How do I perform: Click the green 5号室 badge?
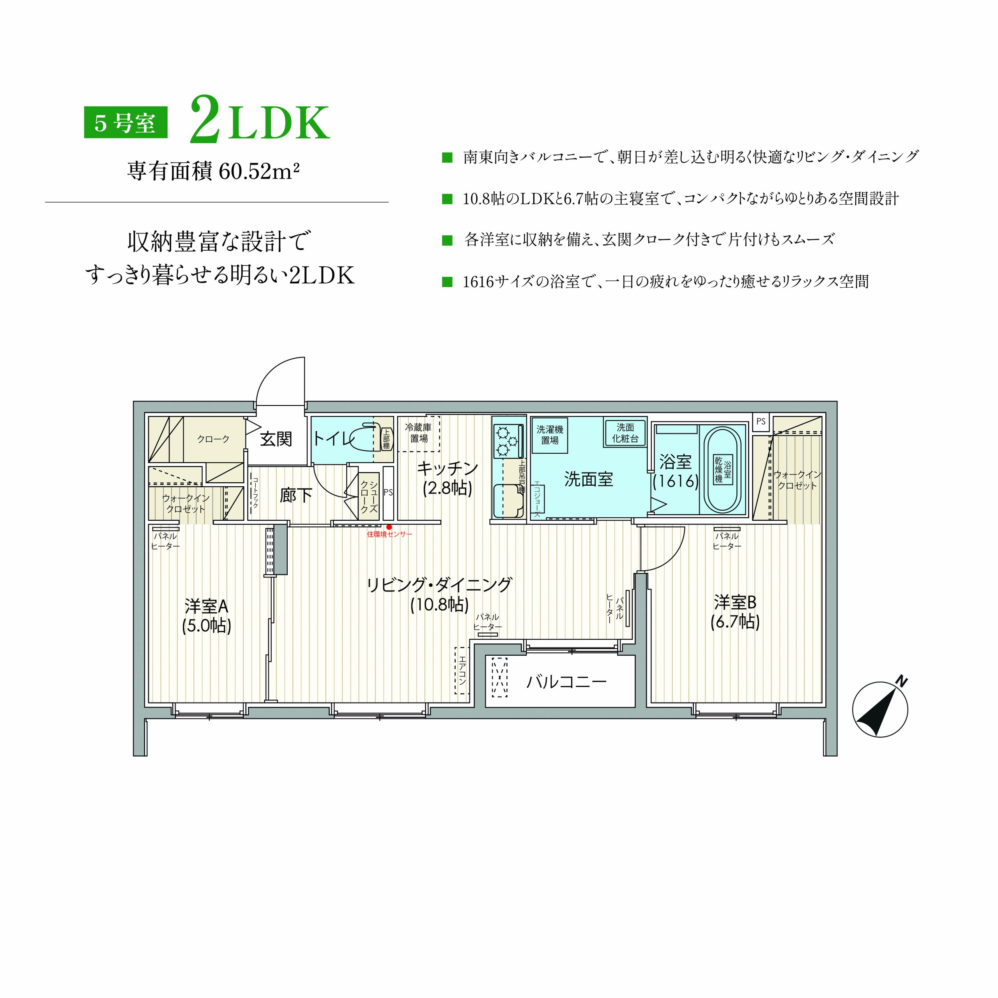pyautogui.click(x=126, y=122)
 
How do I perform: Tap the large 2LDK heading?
pyautogui.click(x=260, y=119)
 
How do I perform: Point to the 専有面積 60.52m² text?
pyautogui.click(x=213, y=171)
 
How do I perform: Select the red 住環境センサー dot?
pyautogui.click(x=389, y=527)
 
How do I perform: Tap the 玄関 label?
pyautogui.click(x=276, y=439)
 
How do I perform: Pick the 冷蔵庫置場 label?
pyautogui.click(x=418, y=433)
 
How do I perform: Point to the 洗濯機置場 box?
pyautogui.click(x=550, y=435)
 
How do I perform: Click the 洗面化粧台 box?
pyautogui.click(x=625, y=432)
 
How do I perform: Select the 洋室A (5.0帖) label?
pyautogui.click(x=207, y=615)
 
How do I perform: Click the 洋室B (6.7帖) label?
pyautogui.click(x=735, y=612)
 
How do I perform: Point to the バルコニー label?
pyautogui.click(x=566, y=682)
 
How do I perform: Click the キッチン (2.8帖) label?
pyautogui.click(x=447, y=478)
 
